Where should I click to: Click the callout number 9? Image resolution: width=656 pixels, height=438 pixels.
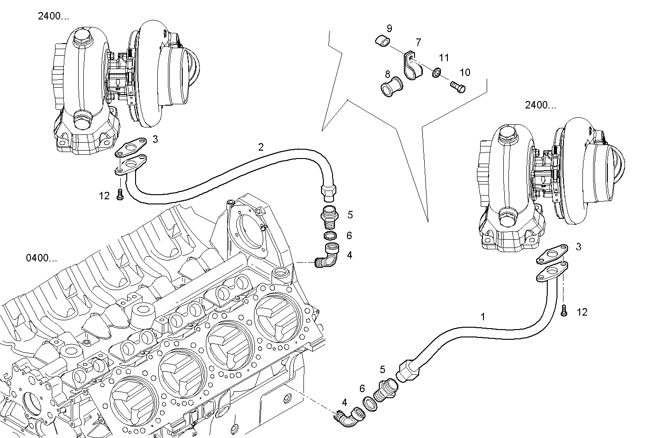tap(389, 28)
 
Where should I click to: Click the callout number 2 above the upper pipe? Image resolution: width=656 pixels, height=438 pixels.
tap(261, 147)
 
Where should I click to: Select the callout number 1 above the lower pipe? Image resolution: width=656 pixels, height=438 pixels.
tap(483, 317)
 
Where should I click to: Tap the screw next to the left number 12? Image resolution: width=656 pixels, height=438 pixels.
tap(120, 196)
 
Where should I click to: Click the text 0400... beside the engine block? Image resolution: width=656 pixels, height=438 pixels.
tap(42, 258)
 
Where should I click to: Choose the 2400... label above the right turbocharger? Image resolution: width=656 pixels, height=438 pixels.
tap(540, 105)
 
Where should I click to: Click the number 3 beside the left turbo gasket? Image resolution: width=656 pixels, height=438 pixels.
tap(155, 139)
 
